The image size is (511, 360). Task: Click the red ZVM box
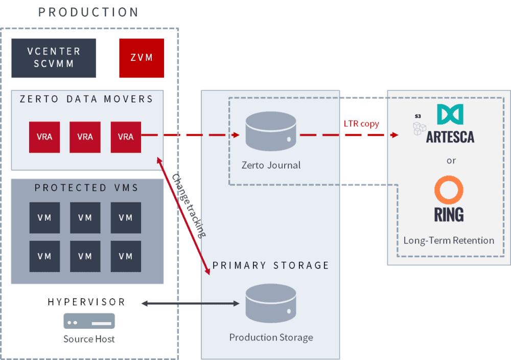pos(142,58)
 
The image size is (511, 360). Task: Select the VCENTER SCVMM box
pos(54,58)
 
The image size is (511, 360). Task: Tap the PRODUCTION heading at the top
pos(88,12)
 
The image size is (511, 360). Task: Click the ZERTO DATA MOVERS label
pos(86,99)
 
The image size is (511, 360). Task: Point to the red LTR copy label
pos(361,124)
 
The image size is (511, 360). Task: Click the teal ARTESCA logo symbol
pos(450,115)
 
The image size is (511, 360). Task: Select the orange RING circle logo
pos(449,190)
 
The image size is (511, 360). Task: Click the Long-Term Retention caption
pos(449,240)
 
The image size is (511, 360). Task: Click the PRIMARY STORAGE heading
pos(271,265)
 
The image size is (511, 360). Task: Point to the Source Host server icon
pos(89,321)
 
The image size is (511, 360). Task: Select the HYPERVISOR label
pos(87,302)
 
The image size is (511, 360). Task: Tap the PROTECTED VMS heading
pos(87,188)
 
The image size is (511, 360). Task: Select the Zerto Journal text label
pos(271,165)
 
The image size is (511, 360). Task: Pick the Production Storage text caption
pos(271,337)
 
